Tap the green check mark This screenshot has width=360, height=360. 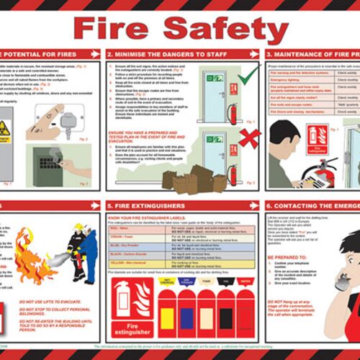[x=248, y=76]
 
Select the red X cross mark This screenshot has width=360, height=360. [x=249, y=138]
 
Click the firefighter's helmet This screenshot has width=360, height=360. [x=78, y=229]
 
